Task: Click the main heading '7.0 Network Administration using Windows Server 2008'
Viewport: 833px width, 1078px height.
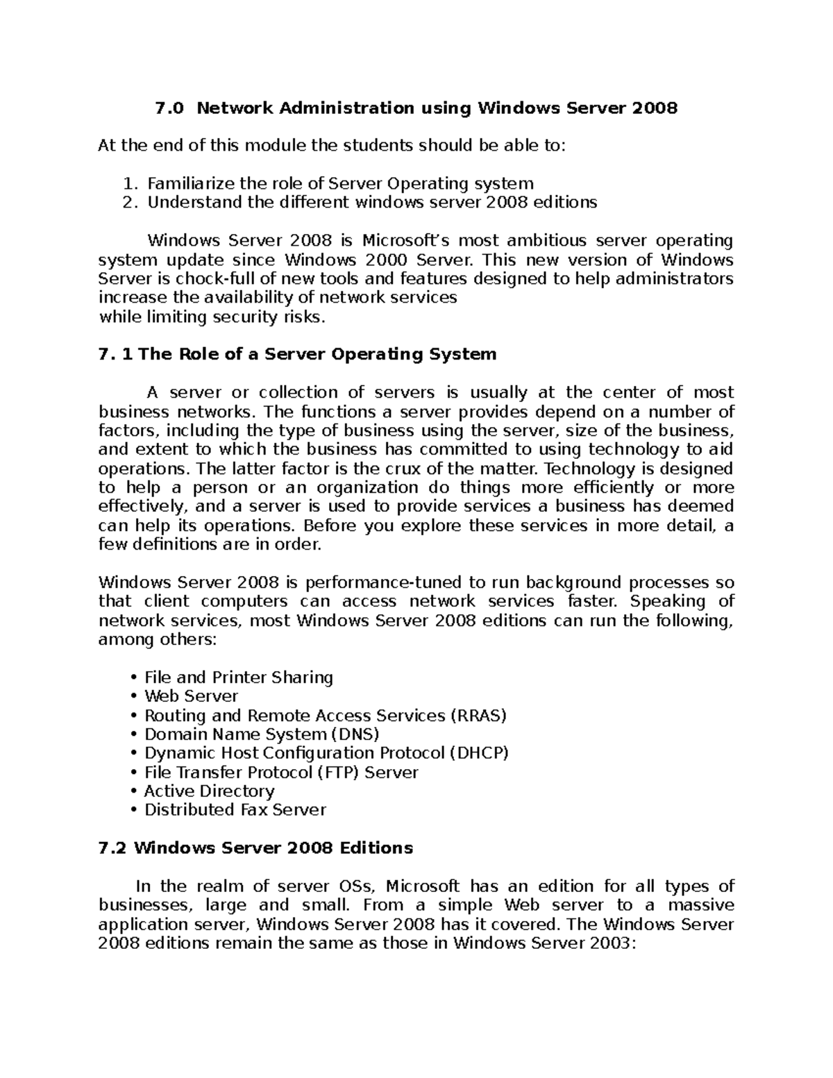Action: click(x=416, y=108)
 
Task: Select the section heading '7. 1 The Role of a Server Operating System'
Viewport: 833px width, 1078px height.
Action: click(x=298, y=354)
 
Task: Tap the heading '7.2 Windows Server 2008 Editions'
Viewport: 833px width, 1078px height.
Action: click(x=256, y=848)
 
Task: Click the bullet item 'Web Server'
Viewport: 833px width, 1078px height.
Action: click(x=191, y=696)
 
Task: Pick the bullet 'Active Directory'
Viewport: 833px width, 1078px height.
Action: click(x=209, y=791)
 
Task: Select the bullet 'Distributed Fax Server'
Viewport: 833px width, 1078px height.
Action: click(x=235, y=810)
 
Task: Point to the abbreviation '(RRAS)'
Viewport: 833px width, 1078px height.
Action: click(x=479, y=716)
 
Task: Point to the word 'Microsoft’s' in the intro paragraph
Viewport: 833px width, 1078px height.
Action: click(x=406, y=241)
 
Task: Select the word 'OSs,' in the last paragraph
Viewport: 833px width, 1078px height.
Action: click(x=357, y=886)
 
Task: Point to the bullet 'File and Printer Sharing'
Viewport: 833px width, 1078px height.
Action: click(x=238, y=677)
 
